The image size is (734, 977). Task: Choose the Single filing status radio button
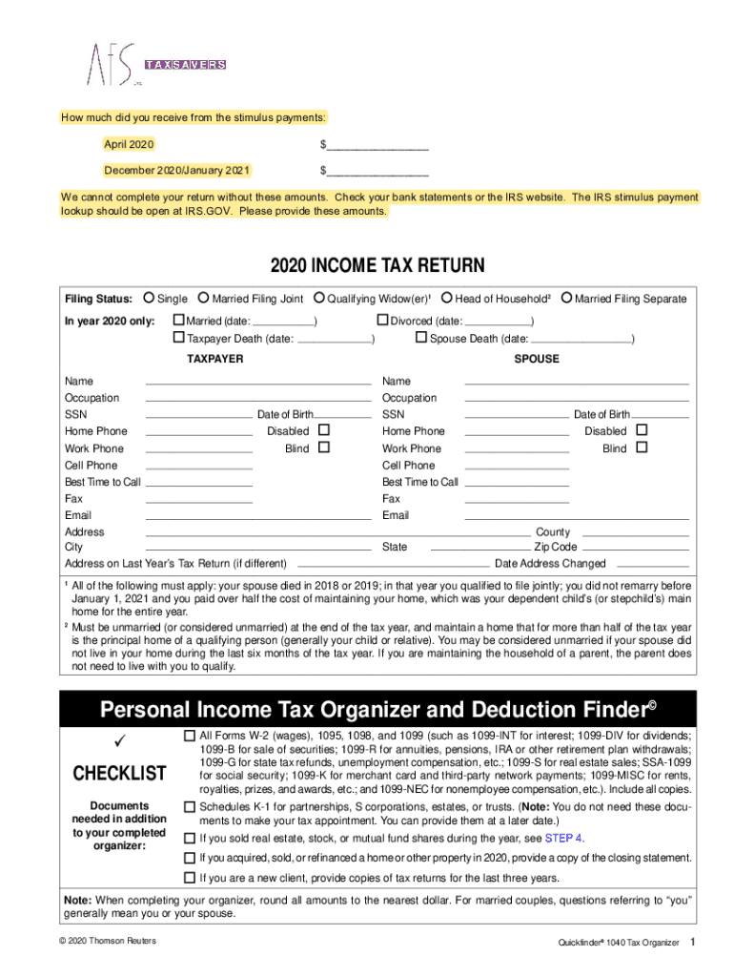pyautogui.click(x=150, y=299)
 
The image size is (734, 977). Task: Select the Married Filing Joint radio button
pyautogui.click(x=203, y=299)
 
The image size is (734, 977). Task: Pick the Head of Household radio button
pyautogui.click(x=446, y=299)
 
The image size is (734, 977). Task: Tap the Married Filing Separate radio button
pyautogui.click(x=566, y=299)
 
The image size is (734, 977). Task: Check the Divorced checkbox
pyautogui.click(x=383, y=321)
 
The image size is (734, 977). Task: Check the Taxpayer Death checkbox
pyautogui.click(x=178, y=338)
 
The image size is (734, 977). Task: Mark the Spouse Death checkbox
pyautogui.click(x=421, y=338)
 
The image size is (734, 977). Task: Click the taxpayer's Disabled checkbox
pyautogui.click(x=323, y=430)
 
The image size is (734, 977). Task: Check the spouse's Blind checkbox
pyautogui.click(x=641, y=447)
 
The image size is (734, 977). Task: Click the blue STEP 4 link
pyautogui.click(x=563, y=839)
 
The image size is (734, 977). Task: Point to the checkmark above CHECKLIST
pyautogui.click(x=120, y=742)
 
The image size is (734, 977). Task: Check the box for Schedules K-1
pyautogui.click(x=189, y=807)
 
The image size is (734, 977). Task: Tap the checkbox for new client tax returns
pyautogui.click(x=189, y=876)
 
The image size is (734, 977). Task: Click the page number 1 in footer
pyautogui.click(x=694, y=943)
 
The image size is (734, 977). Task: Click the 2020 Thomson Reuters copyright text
pyautogui.click(x=106, y=942)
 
